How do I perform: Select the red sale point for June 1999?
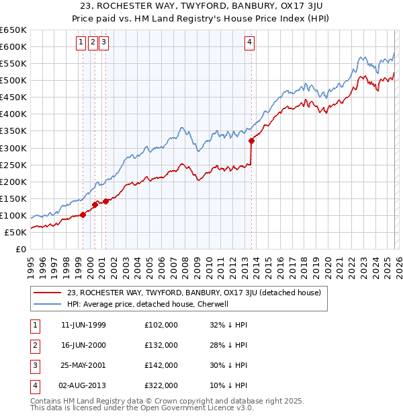click(x=83, y=215)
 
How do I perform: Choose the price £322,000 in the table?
click(x=161, y=386)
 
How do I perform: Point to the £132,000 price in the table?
click(x=161, y=346)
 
